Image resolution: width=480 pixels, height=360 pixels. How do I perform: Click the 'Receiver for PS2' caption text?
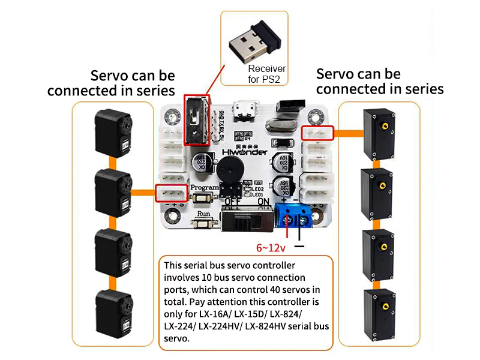[x=267, y=74]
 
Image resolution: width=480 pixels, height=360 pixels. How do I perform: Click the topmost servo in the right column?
[x=379, y=133]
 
